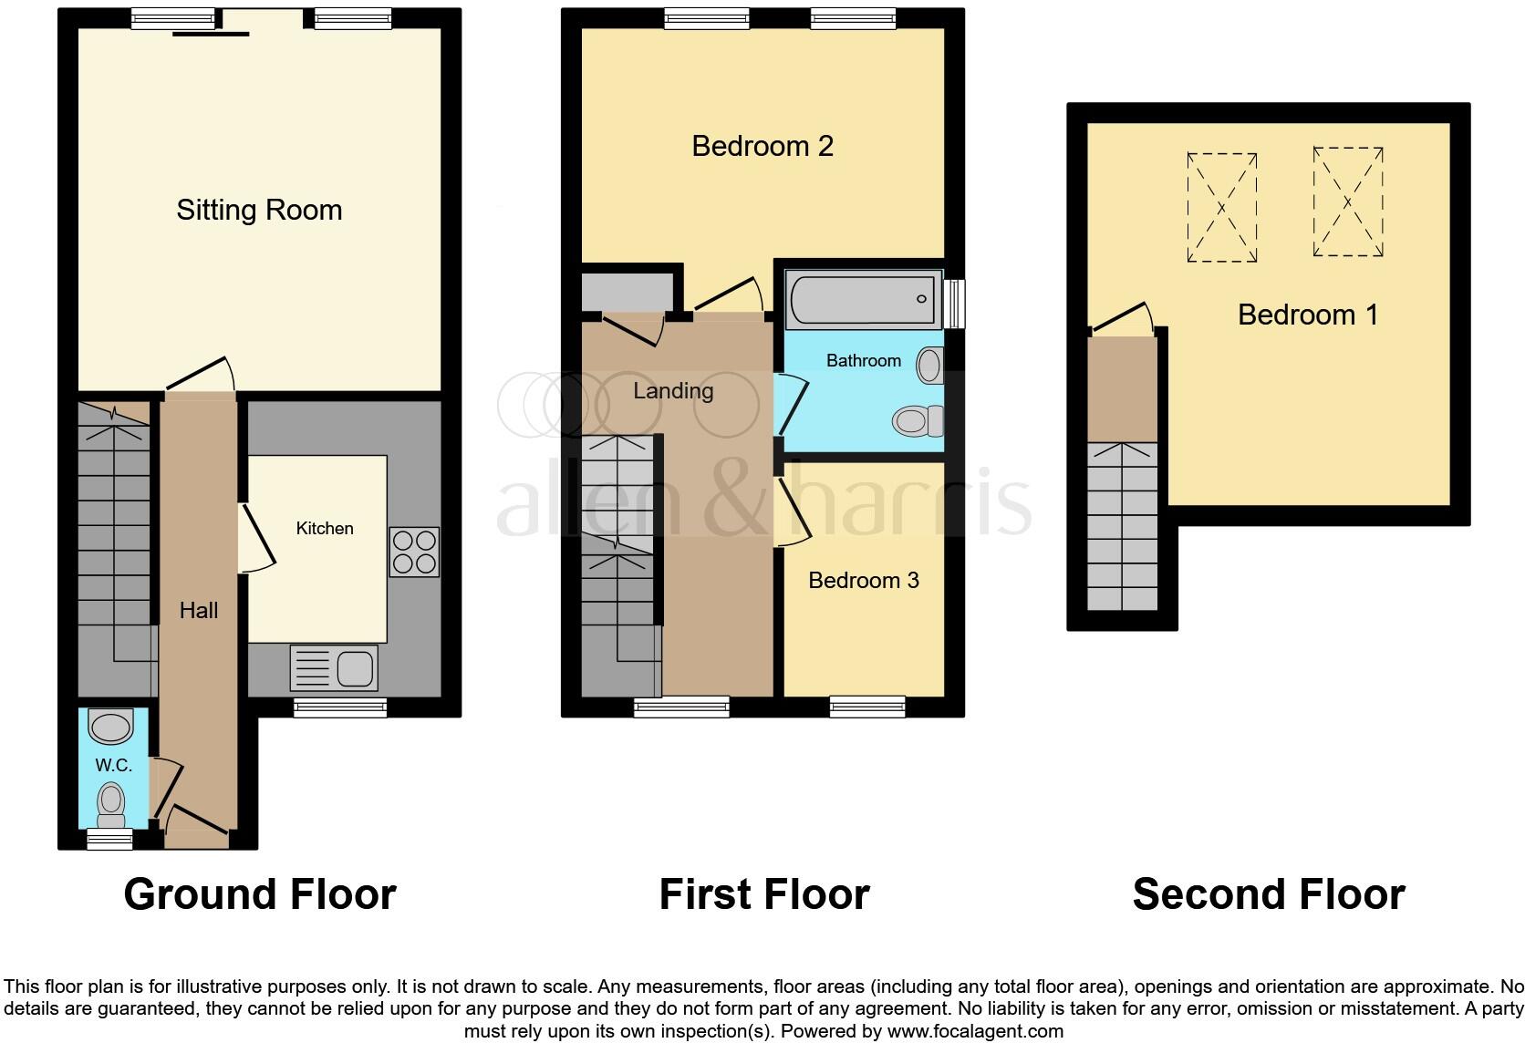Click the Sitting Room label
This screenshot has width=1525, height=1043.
pos(259,210)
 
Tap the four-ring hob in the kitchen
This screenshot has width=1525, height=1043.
pos(414,552)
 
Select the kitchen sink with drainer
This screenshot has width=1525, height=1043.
pos(334,667)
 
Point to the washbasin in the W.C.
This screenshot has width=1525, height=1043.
pos(111,728)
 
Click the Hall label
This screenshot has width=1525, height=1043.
pos(198,610)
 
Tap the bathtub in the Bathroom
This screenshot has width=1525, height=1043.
pos(863,299)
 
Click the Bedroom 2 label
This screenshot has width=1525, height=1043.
pos(762,146)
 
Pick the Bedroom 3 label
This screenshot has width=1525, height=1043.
pos(863,580)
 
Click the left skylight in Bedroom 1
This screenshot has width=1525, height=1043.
pos(1221,208)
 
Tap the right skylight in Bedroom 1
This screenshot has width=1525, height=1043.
pos(1347,202)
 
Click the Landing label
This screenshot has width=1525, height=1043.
pos(673,390)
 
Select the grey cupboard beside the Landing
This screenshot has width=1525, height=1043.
pos(627,291)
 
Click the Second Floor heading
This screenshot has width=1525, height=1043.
pos(1268,893)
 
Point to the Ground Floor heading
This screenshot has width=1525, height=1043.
pos(260,893)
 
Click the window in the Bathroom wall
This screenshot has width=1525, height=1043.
pos(955,303)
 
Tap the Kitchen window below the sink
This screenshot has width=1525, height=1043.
pos(340,707)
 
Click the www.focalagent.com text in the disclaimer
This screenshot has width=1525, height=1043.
pos(974,1031)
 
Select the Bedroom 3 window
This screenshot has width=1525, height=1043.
pos(866,707)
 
